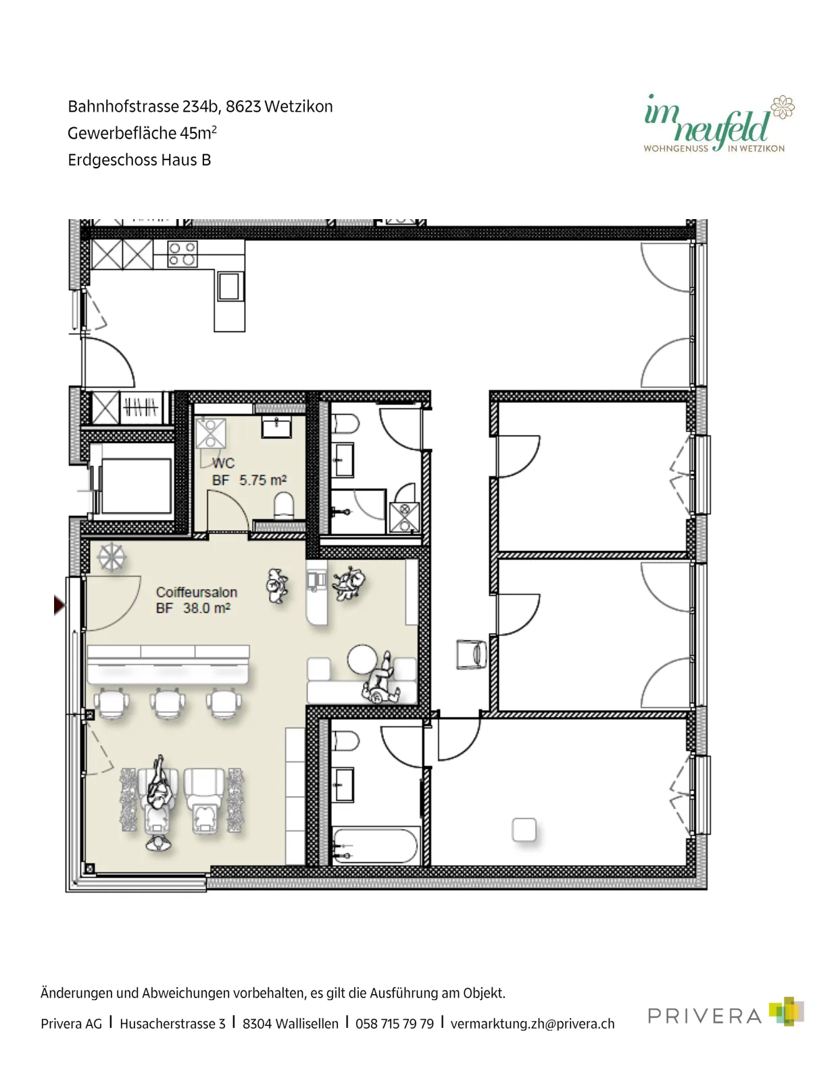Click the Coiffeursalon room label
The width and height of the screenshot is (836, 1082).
click(x=197, y=592)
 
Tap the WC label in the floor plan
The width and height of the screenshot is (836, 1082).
click(x=224, y=463)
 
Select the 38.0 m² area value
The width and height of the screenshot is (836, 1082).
click(x=207, y=608)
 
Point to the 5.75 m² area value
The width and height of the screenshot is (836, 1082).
click(x=263, y=480)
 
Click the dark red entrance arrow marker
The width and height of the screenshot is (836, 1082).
click(x=59, y=605)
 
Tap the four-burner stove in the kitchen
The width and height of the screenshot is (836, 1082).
click(x=182, y=254)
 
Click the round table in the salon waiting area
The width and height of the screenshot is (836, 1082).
click(x=362, y=659)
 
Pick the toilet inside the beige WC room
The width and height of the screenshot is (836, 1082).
click(x=284, y=505)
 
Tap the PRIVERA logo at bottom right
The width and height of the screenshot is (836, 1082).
click(x=726, y=1011)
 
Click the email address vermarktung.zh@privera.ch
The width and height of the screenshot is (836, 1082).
click(x=533, y=1024)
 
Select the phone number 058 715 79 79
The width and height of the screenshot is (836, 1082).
click(x=394, y=1024)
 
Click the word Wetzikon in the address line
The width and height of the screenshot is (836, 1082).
click(x=299, y=107)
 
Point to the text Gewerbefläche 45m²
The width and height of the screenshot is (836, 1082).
click(x=143, y=133)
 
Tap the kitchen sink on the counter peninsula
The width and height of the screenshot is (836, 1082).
click(x=229, y=287)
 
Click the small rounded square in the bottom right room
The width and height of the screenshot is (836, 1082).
click(x=524, y=830)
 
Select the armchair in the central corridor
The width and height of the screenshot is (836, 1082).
click(x=472, y=655)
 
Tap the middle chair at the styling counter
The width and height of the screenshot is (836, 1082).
click(x=167, y=703)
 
